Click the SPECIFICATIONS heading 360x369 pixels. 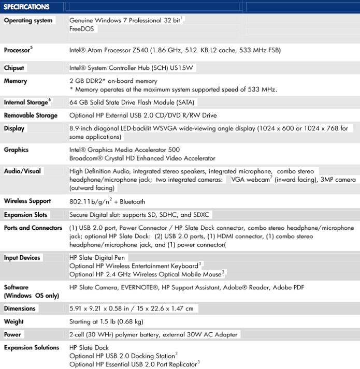[26, 7]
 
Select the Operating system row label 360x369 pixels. [28, 21]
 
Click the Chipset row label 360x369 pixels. [14, 68]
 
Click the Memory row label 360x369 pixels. [15, 81]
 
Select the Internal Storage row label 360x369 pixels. [26, 102]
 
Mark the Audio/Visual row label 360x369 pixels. [22, 171]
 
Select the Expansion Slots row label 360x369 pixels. [25, 215]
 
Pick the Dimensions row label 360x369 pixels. [20, 308]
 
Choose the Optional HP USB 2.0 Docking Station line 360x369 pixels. [121, 356]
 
